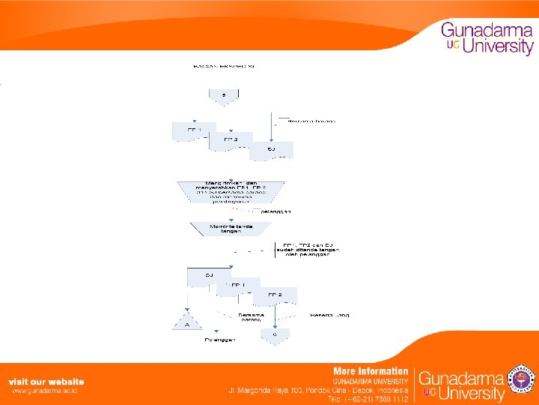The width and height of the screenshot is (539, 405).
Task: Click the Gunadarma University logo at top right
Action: point(487,38)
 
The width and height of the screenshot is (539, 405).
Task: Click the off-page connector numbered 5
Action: point(223,95)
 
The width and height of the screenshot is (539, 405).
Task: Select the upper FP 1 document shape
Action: point(194,131)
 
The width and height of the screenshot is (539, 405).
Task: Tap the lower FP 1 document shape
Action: point(239,286)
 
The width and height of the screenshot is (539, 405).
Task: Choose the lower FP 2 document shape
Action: point(275,295)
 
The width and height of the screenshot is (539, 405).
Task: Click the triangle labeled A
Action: point(186,323)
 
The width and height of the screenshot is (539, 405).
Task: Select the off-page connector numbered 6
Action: point(275,334)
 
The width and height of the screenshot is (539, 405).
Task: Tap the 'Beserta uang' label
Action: point(329,315)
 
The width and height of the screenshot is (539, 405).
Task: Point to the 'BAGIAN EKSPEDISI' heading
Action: point(224,67)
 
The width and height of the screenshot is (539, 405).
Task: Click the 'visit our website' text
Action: point(46,382)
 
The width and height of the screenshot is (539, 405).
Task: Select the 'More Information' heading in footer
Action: point(371,370)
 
